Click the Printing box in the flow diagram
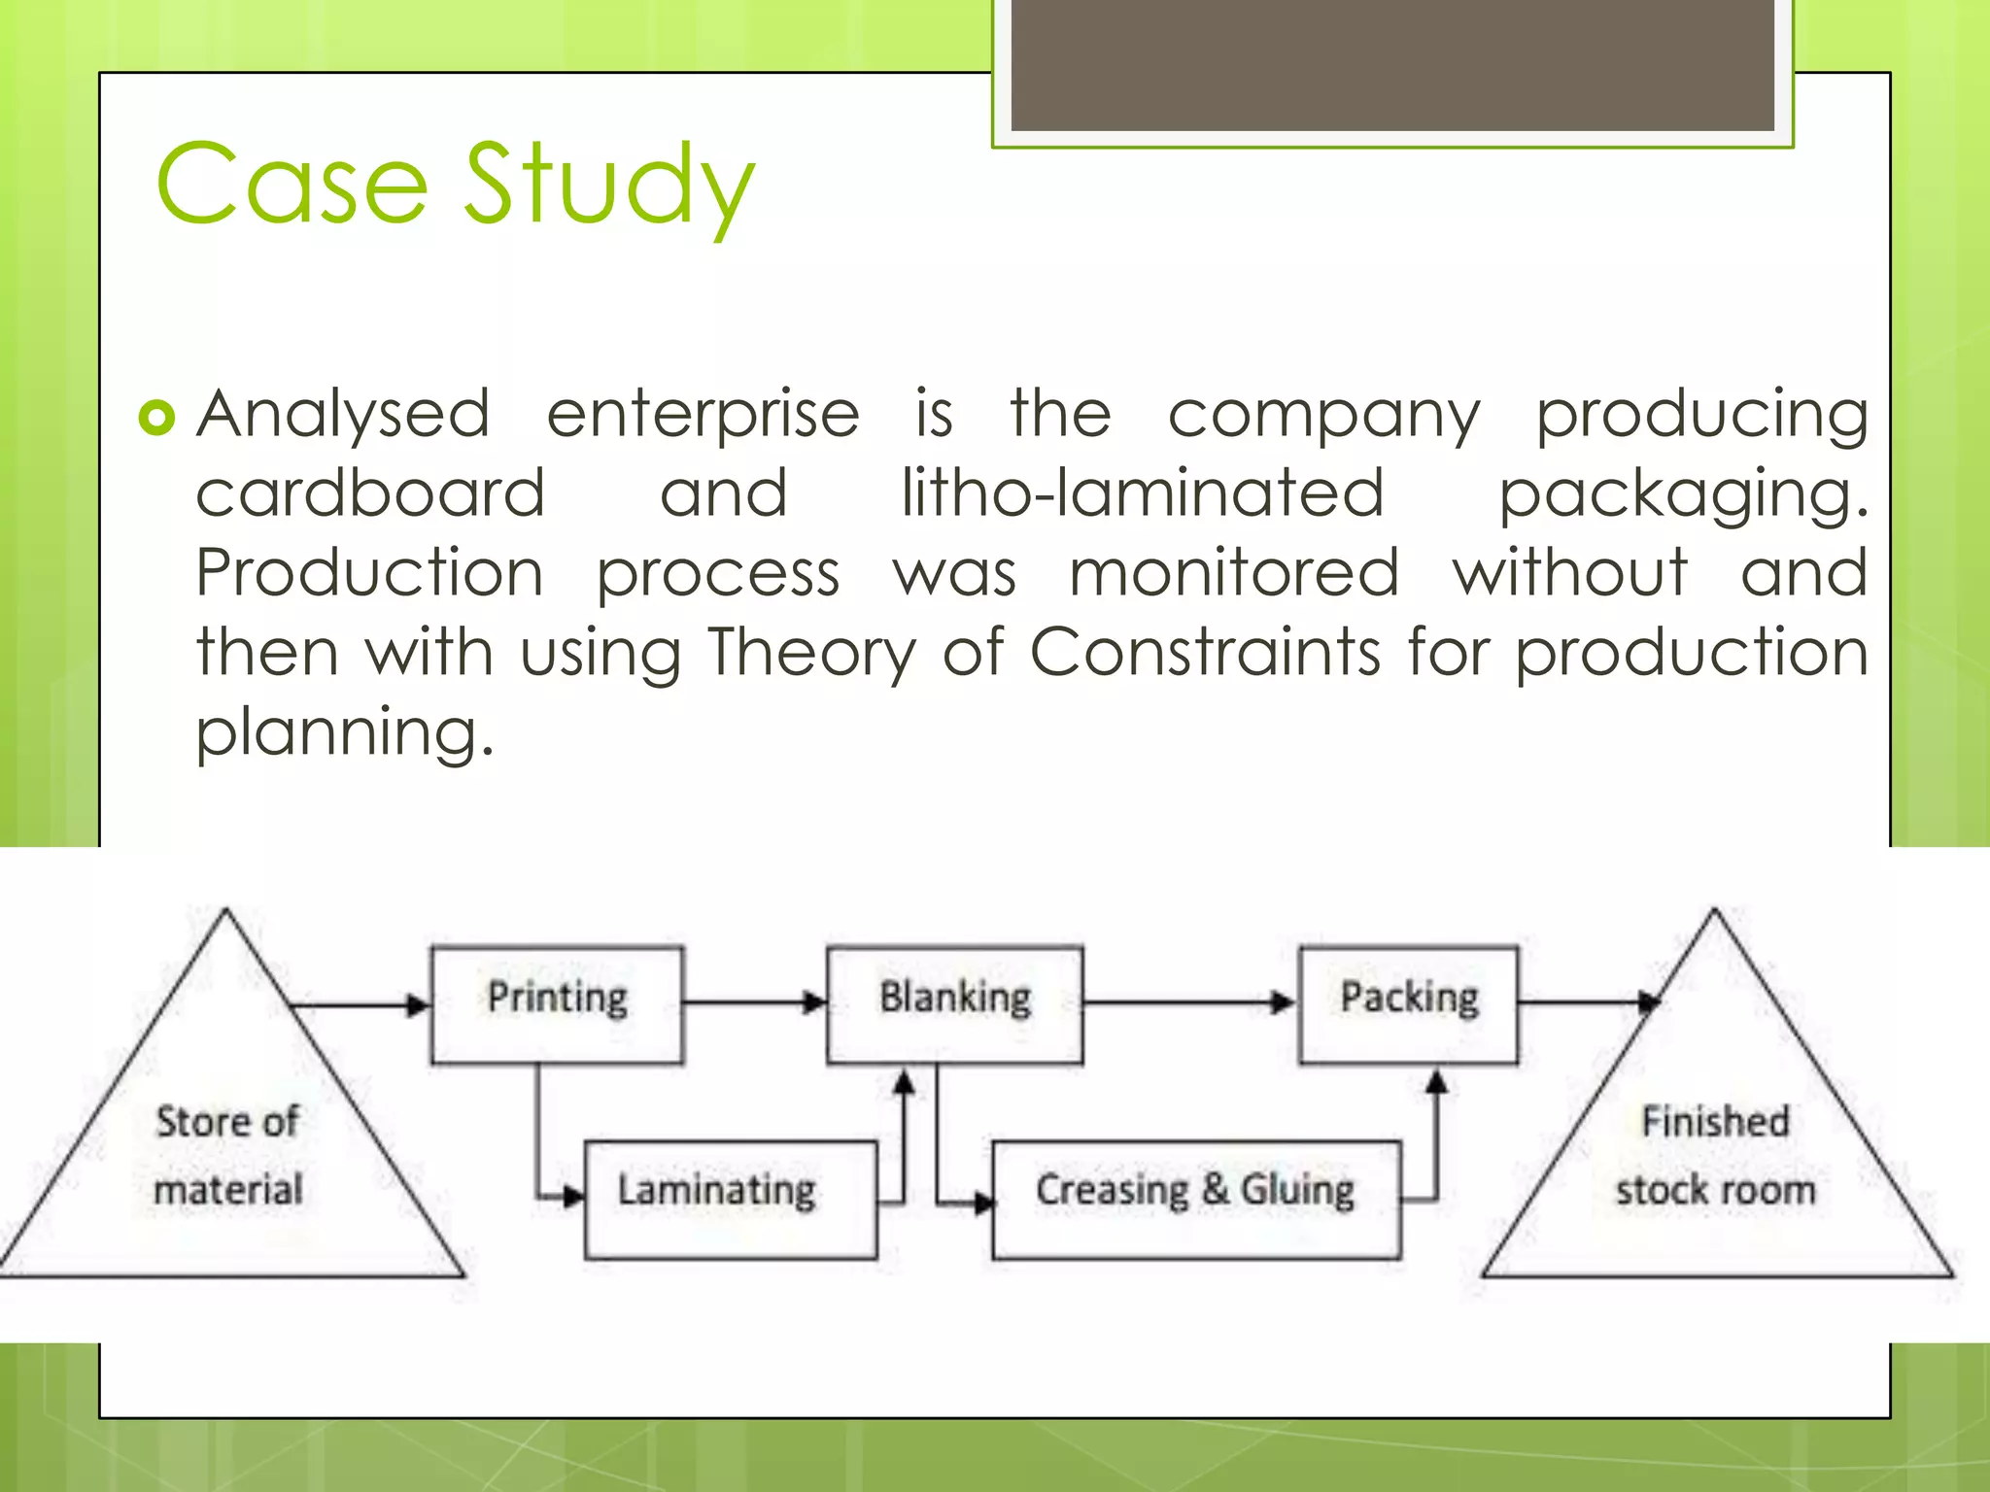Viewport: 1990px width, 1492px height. click(557, 1003)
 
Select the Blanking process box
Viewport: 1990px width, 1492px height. click(954, 1003)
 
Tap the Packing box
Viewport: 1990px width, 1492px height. click(1408, 1003)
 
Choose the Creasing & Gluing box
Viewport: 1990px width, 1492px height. click(1195, 1199)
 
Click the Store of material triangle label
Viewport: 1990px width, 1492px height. click(228, 1156)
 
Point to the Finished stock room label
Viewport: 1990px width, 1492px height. click(1715, 1156)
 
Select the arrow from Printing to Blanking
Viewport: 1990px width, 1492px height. click(754, 1001)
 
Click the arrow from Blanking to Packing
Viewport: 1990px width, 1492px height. click(1189, 1001)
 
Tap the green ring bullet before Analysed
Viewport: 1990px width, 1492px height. click(156, 418)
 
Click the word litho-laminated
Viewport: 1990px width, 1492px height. click(1142, 493)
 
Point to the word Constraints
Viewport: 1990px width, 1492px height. click(1205, 652)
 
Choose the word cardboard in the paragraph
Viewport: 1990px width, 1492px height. click(370, 493)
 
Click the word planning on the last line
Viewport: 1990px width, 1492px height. click(345, 733)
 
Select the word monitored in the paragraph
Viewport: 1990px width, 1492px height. click(1234, 573)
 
